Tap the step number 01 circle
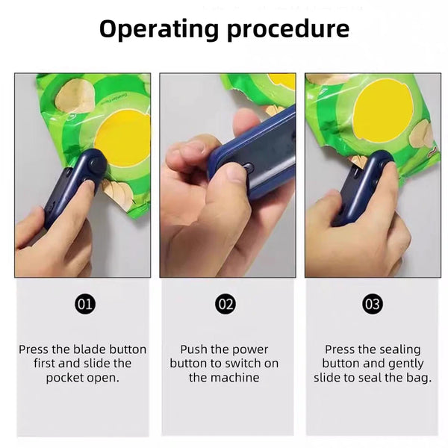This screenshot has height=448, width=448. click(85, 304)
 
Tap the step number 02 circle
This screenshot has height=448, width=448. click(225, 304)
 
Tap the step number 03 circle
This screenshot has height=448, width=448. click(372, 304)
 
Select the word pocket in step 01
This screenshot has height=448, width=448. click(64, 378)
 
